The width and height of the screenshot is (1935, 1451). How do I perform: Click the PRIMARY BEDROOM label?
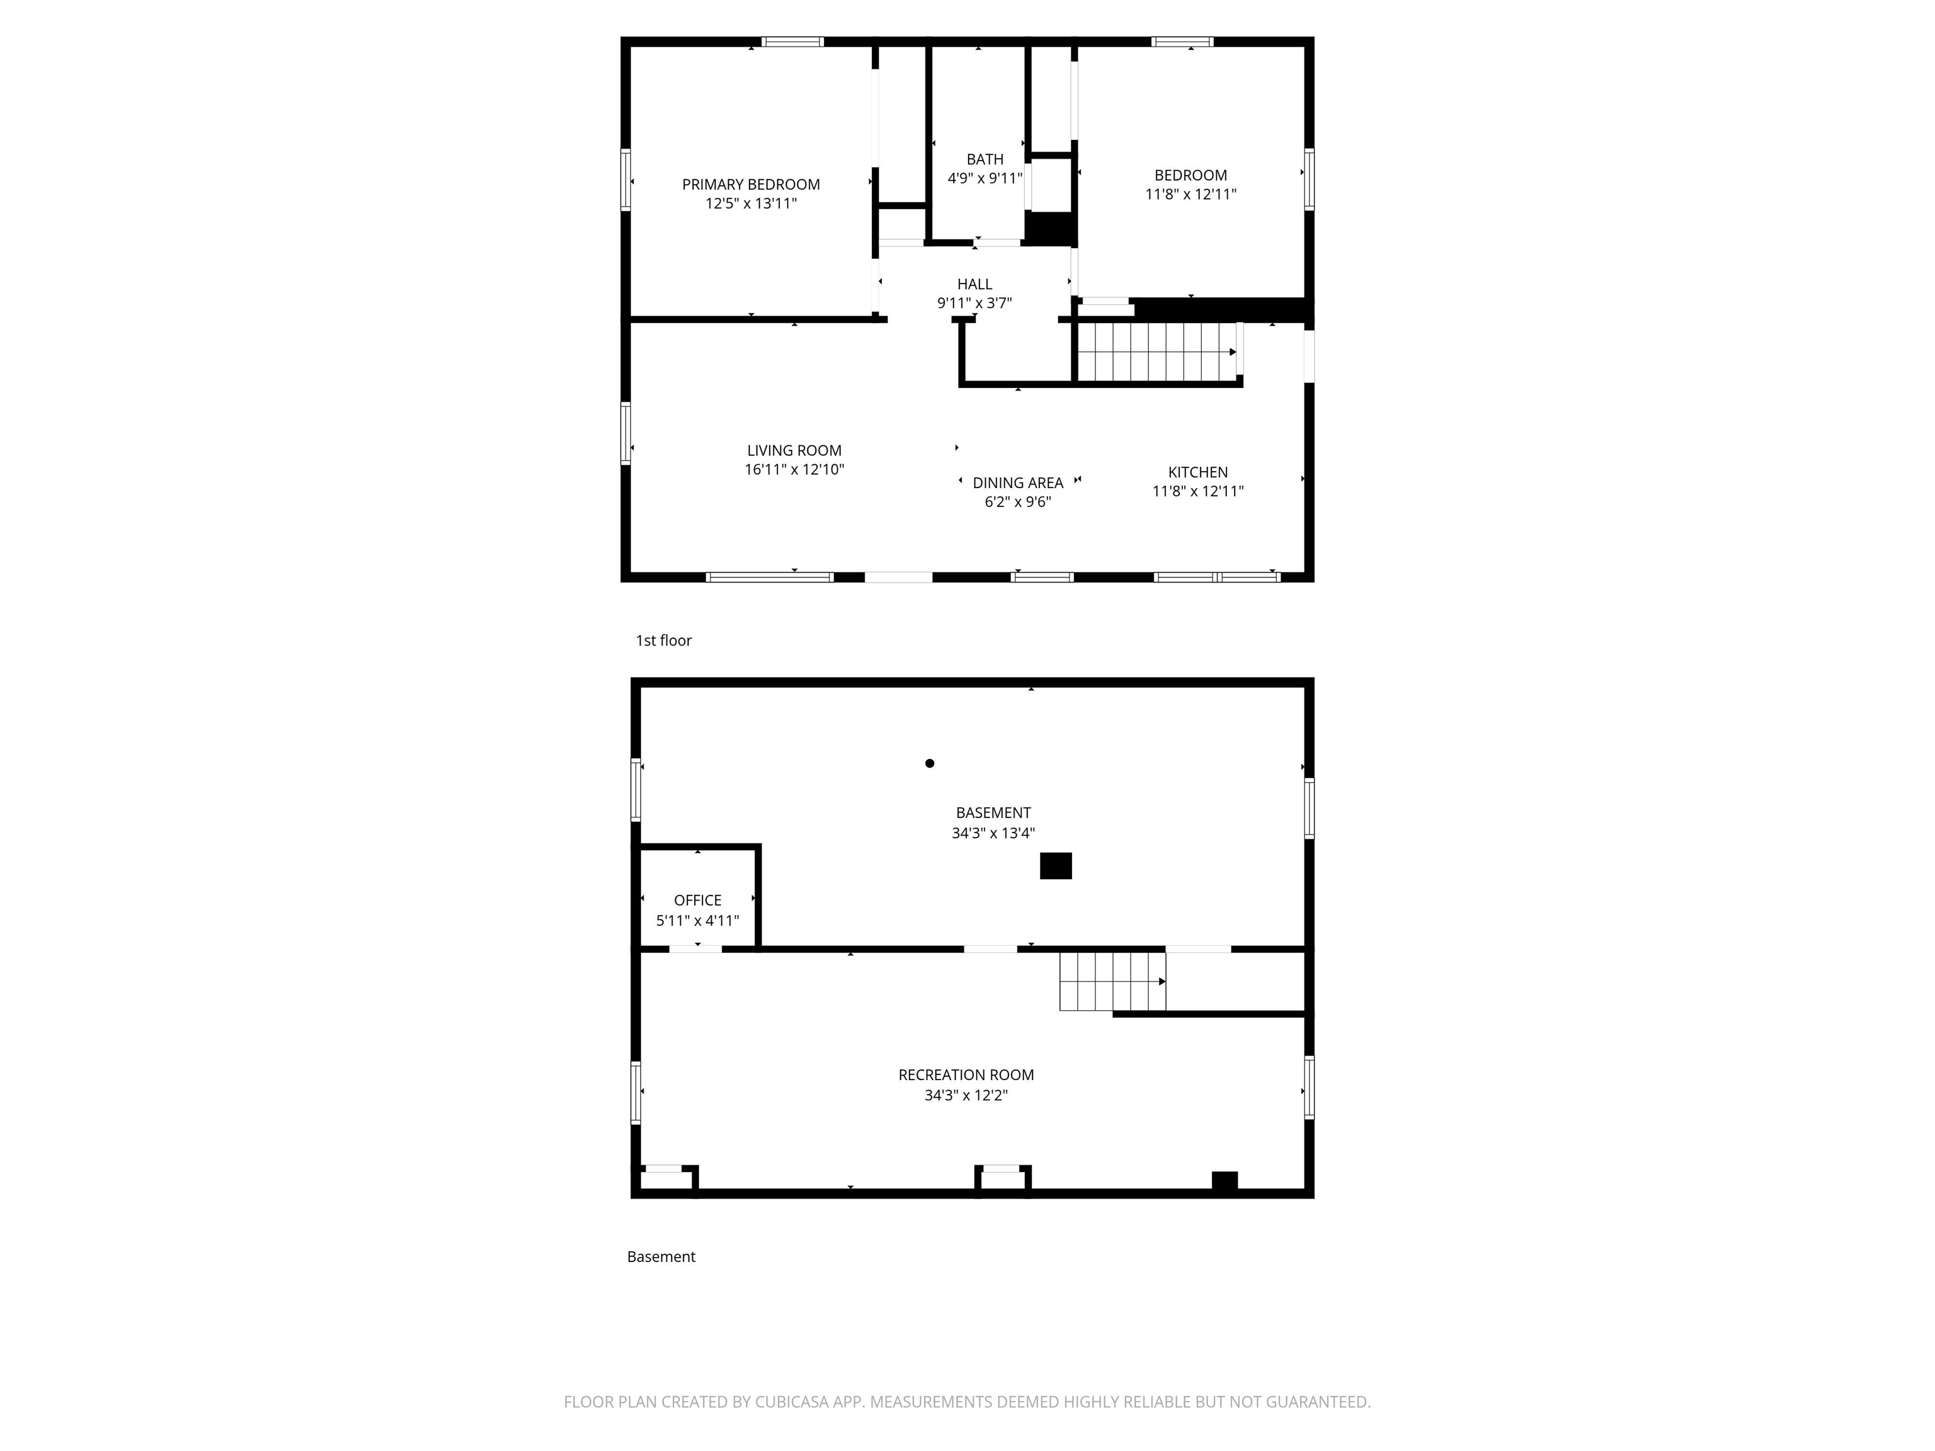tap(751, 185)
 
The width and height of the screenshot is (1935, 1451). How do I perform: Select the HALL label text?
tap(974, 284)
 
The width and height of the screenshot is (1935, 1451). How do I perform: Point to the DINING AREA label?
tap(1017, 483)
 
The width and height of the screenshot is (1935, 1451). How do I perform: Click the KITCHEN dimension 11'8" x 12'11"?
tap(1197, 491)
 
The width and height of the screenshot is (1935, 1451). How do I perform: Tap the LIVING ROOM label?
tap(794, 450)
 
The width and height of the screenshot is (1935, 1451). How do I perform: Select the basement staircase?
tap(1111, 981)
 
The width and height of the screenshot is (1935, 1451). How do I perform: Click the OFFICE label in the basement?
tap(697, 900)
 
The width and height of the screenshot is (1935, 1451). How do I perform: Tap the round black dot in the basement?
tap(929, 763)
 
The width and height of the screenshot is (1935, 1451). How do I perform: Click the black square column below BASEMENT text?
tap(1055, 866)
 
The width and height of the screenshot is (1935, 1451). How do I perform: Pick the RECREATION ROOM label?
tap(966, 1075)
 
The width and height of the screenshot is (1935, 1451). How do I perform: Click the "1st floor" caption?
tap(663, 640)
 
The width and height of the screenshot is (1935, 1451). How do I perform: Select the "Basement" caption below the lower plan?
tap(661, 1257)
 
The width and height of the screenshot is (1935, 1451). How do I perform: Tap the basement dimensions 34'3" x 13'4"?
tap(993, 834)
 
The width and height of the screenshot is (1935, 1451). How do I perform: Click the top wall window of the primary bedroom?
tap(792, 41)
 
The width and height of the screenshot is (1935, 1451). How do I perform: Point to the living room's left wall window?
tap(625, 432)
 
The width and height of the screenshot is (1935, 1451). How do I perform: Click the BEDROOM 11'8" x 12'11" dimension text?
tap(1190, 194)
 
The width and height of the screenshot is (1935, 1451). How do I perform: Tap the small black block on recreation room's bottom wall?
tap(1224, 1181)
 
